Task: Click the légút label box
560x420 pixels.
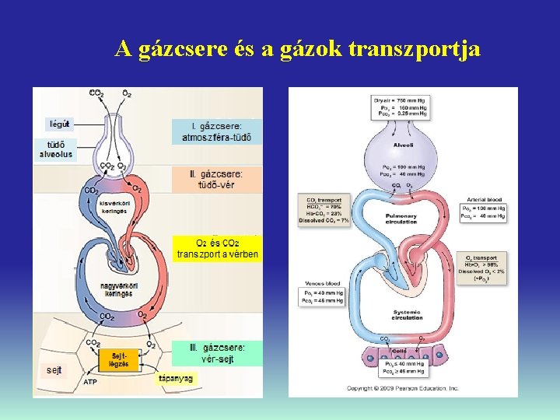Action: click(59, 123)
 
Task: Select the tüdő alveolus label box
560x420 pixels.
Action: click(56, 149)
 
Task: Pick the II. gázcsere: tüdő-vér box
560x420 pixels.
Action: click(216, 180)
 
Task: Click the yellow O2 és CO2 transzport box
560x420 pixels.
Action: click(217, 248)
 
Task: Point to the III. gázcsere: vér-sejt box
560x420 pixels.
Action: click(217, 353)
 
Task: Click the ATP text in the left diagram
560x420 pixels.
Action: click(90, 382)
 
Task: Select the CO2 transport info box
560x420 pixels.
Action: click(324, 210)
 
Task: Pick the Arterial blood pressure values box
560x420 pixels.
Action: click(483, 211)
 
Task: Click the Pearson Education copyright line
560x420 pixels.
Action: click(402, 387)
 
